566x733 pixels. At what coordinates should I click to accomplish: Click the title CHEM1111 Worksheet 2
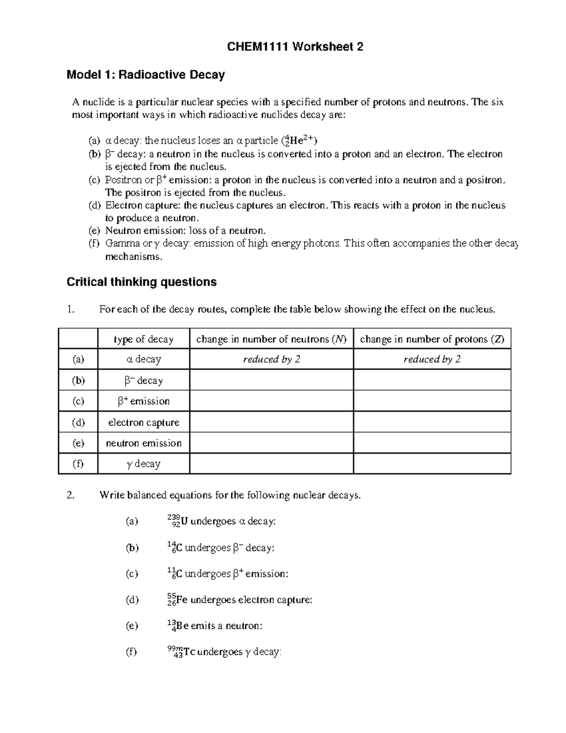tap(295, 47)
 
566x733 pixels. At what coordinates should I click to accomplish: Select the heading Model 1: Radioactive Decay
tap(146, 75)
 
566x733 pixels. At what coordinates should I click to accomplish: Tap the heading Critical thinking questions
tap(141, 282)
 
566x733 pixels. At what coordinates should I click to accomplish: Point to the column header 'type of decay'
tap(143, 339)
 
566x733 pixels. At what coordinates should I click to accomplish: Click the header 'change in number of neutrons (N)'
tap(271, 339)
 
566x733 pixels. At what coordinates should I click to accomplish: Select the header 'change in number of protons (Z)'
tap(432, 339)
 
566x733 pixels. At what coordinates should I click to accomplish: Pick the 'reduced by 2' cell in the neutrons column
tap(271, 360)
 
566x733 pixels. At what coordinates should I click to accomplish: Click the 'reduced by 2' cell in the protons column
tap(432, 360)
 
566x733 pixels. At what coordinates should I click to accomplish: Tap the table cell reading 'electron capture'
tap(143, 422)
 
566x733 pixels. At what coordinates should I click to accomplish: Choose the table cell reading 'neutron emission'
tap(143, 443)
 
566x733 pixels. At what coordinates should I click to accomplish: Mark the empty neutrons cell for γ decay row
tap(271, 464)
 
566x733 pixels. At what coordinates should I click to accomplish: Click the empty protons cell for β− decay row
tap(432, 380)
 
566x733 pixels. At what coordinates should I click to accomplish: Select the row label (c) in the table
tap(78, 401)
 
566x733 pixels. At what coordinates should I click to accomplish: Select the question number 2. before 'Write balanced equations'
tap(71, 495)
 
